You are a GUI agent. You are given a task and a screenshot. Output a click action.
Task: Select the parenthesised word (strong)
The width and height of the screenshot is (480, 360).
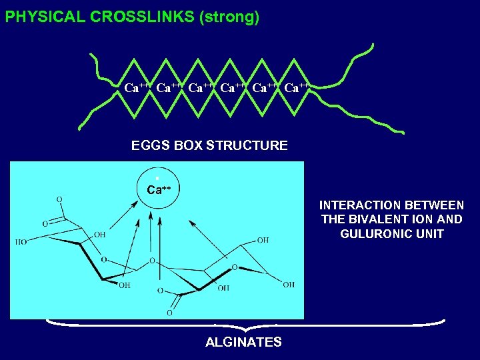click(x=229, y=17)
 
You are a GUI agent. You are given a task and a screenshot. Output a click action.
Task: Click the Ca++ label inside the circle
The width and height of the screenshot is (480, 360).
click(x=159, y=189)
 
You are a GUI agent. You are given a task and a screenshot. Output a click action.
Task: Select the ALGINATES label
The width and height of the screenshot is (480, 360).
click(x=243, y=343)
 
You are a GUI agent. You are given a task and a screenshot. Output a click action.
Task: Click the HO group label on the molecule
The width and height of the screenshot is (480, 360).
click(x=21, y=242)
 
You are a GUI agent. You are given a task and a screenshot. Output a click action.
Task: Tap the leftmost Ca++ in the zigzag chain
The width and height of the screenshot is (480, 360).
click(x=137, y=87)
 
